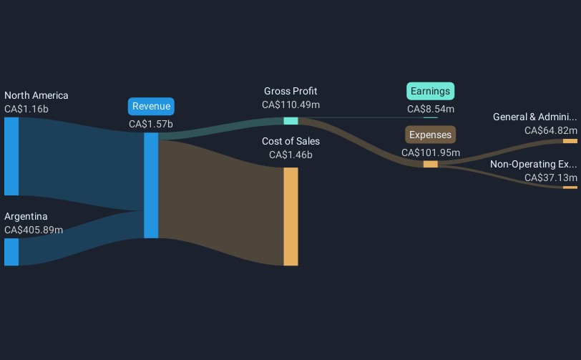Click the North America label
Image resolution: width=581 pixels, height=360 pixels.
click(36, 95)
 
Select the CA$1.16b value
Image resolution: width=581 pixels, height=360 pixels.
click(26, 110)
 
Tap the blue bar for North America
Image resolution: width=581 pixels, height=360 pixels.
click(11, 156)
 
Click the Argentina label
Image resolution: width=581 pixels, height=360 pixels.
click(26, 216)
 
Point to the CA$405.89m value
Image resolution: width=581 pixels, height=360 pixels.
click(34, 230)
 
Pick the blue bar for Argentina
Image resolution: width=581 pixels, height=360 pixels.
click(11, 252)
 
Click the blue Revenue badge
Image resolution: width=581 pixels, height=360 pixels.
click(151, 107)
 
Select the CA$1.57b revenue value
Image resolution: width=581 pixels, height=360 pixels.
click(151, 124)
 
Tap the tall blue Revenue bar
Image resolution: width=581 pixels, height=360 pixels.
click(151, 185)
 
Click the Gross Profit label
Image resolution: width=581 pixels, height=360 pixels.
click(290, 91)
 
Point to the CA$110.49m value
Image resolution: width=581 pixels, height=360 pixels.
click(290, 104)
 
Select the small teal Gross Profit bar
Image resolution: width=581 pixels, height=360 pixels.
click(290, 120)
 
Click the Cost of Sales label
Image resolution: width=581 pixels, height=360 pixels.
click(290, 141)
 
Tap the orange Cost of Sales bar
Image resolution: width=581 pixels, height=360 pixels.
click(290, 216)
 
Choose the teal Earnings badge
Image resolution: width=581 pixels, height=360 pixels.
click(431, 91)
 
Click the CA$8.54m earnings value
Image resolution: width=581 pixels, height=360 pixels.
click(431, 109)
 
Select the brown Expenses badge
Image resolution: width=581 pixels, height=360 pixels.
click(431, 135)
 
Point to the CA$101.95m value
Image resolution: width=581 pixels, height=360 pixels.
click(431, 152)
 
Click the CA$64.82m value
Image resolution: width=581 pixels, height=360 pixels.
click(550, 130)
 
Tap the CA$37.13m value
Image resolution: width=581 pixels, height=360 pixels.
click(550, 177)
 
